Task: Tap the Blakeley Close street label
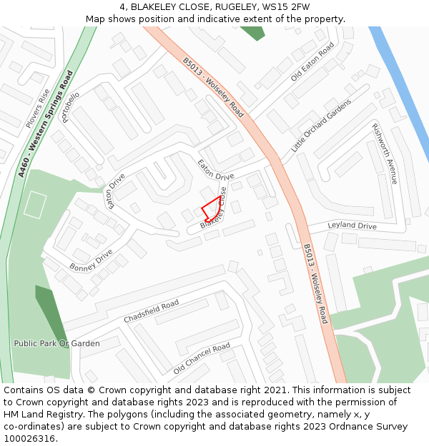point(214,208)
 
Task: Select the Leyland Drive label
point(352,225)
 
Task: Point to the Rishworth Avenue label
point(384,153)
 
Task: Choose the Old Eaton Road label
point(312,61)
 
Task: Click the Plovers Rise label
point(38,108)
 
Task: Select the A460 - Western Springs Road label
point(46,123)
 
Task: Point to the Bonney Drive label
point(91,260)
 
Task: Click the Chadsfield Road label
point(151,311)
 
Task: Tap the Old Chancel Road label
point(202,358)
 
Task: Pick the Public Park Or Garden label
point(57,343)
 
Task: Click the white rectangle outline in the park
point(34,205)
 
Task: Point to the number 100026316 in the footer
point(29,439)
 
